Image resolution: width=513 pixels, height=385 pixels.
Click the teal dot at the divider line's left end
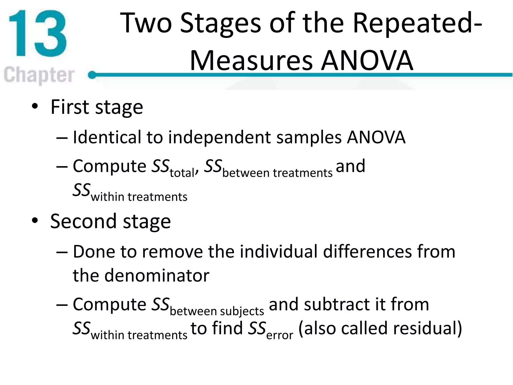pos(92,75)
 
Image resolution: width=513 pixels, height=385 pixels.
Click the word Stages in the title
pos(220,23)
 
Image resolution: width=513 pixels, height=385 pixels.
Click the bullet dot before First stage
pos(35,106)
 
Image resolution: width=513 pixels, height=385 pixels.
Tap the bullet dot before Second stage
pos(35,221)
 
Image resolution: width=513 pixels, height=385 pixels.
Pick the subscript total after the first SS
pos(182,173)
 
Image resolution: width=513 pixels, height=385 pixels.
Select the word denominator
pos(157,275)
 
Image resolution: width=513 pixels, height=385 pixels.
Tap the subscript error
pos(280,335)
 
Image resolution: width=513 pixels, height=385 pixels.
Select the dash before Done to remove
pos(62,252)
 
